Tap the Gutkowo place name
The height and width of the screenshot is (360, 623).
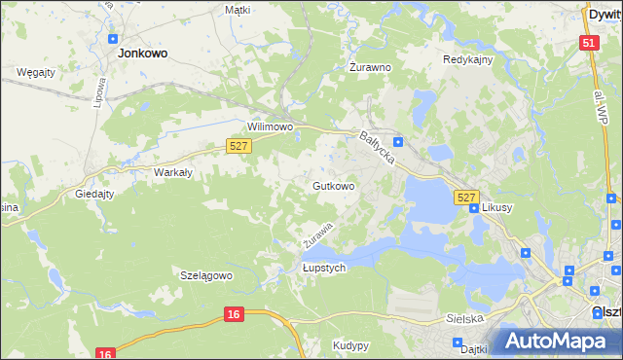(332, 185)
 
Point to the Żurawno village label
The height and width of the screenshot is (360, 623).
(370, 68)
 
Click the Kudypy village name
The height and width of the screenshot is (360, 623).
(350, 345)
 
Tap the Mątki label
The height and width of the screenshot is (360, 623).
(238, 10)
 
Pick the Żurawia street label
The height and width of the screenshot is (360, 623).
(317, 234)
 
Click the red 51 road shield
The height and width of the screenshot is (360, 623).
(588, 43)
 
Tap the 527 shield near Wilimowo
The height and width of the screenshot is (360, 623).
(239, 145)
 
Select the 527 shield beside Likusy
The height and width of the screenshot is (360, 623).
(466, 198)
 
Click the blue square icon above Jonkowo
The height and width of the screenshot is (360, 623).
(113, 39)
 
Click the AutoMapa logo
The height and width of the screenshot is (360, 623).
(556, 341)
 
